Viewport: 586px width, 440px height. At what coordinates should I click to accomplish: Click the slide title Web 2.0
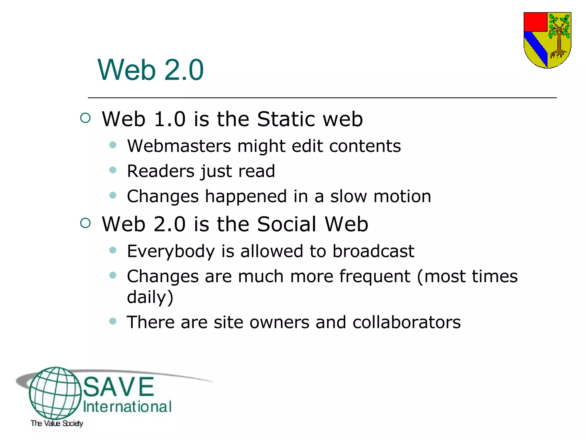click(151, 70)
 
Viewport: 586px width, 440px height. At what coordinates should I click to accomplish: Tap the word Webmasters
click(179, 146)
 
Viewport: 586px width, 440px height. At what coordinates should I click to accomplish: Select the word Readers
click(161, 171)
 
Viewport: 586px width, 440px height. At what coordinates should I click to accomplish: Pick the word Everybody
click(171, 251)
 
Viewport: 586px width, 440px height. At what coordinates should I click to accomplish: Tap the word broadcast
click(373, 251)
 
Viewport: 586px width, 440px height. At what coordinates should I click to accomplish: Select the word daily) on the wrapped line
click(150, 297)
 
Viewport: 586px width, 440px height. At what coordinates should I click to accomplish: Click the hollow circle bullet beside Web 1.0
click(85, 118)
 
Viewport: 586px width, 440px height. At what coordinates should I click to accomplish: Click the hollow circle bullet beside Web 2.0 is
click(85, 223)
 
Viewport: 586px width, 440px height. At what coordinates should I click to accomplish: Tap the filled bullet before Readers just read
click(113, 170)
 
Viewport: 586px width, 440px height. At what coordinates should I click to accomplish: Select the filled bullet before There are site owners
click(113, 321)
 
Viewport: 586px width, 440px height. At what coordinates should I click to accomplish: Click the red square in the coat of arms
click(535, 22)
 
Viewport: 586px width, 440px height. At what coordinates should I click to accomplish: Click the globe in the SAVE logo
click(55, 393)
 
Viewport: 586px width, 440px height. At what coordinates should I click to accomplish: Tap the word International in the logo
click(127, 407)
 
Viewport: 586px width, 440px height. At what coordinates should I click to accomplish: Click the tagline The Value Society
click(57, 423)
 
